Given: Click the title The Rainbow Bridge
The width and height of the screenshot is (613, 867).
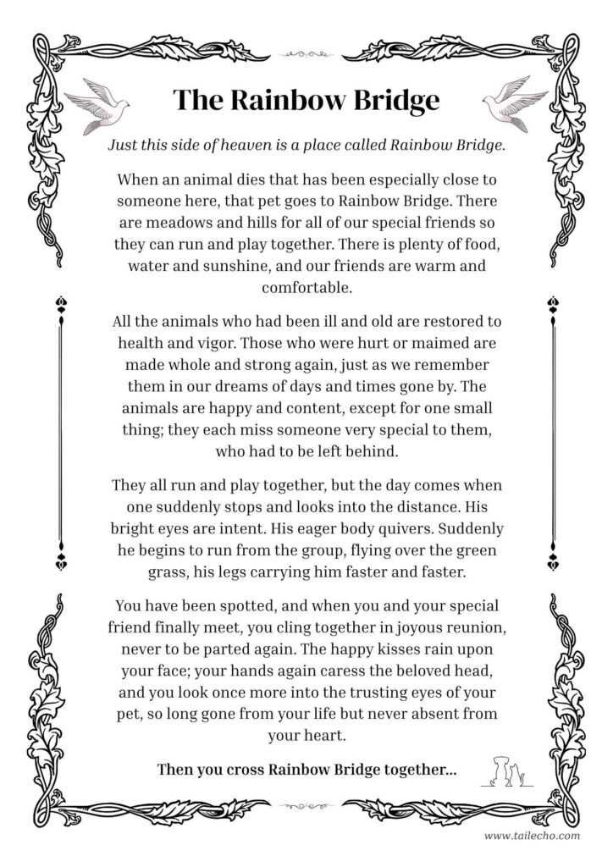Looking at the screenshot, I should pyautogui.click(x=306, y=100).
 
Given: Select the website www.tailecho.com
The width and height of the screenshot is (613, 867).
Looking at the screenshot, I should pyautogui.click(x=532, y=836).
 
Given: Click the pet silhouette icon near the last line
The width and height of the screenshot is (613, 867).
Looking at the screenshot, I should pyautogui.click(x=506, y=770).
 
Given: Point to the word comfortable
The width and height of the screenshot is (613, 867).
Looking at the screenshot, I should pyautogui.click(x=306, y=286).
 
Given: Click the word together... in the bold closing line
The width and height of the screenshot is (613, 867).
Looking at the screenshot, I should pyautogui.click(x=416, y=770).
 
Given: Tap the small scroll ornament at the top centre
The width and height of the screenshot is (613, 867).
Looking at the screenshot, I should pyautogui.click(x=306, y=53).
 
